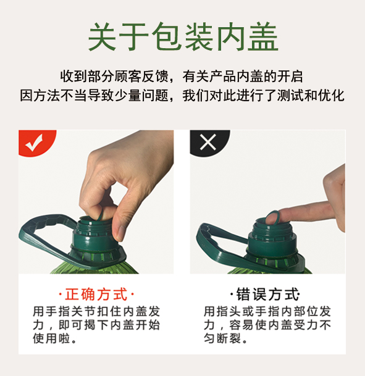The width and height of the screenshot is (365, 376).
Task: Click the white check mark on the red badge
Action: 35,143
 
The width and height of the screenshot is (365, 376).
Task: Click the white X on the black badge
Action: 208,142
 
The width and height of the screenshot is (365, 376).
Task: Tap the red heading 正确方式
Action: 96,295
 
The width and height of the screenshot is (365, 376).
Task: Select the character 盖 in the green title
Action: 263,36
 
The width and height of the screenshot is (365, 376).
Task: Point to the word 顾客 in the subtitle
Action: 128,77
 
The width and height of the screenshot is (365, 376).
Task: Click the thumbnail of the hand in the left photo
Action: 119,233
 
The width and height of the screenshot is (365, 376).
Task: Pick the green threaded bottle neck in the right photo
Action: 272,238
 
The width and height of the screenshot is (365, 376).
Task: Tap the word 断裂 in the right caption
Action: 229,338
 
